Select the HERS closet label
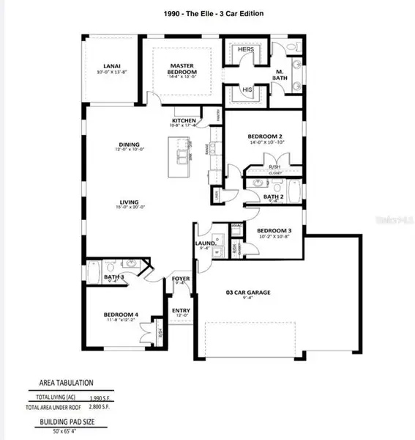tap(244, 50)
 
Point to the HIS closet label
tap(245, 92)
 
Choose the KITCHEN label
tap(184, 121)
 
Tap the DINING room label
tap(130, 144)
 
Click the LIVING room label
tap(130, 203)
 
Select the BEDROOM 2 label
tap(264, 136)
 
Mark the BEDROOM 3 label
tap(274, 230)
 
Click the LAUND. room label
tap(205, 243)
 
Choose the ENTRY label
tap(181, 310)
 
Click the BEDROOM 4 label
tap(121, 315)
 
